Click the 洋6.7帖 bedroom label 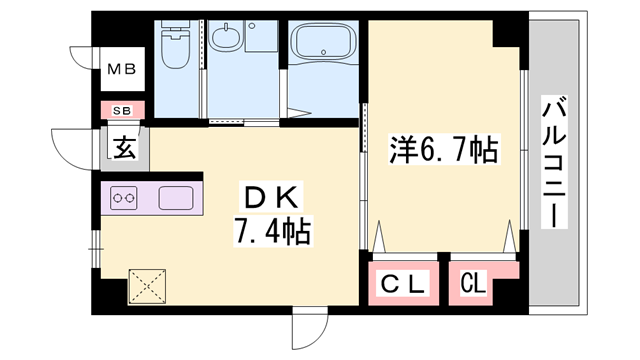tap(443, 150)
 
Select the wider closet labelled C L tap(405, 284)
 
